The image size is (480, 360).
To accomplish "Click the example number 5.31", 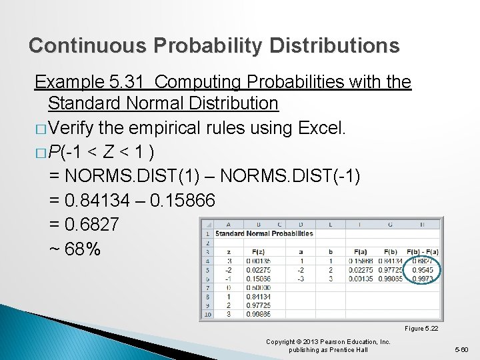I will coord(125,82).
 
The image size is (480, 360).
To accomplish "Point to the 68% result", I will coord(75,250).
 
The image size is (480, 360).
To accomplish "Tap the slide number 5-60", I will coord(461,349).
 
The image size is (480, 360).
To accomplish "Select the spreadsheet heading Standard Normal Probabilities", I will coord(264,234).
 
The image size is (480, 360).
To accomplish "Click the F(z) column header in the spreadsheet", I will coord(257,251).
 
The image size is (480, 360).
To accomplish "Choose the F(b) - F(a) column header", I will coord(422,251).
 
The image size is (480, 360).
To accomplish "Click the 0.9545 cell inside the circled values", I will coord(423,271).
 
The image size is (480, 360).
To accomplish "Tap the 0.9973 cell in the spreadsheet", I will coord(423,279).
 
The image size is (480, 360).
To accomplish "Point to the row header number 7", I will coord(207,288).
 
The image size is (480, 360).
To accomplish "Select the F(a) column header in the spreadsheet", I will coord(361,251).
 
